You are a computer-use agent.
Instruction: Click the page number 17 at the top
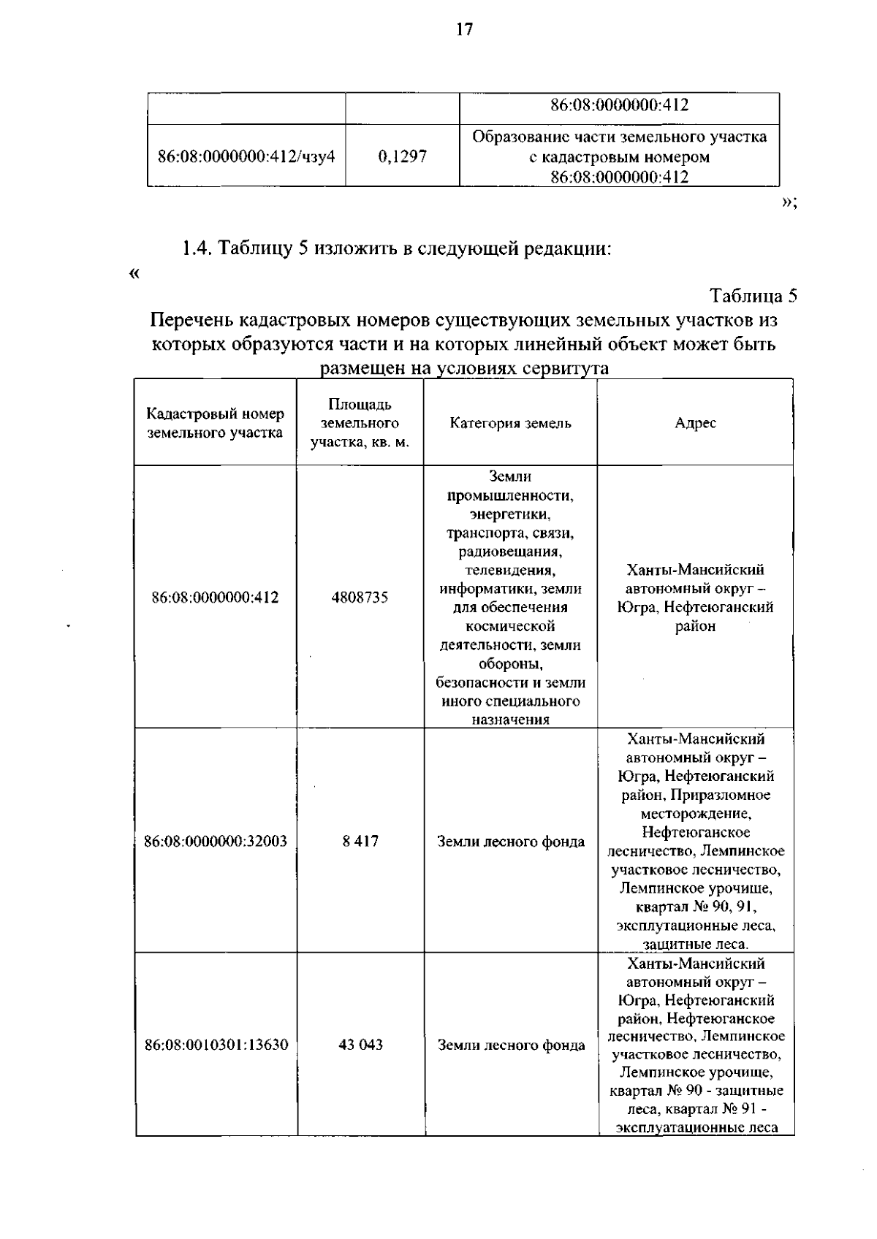pyautogui.click(x=465, y=29)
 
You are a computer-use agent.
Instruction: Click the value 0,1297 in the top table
pyautogui.click(x=403, y=156)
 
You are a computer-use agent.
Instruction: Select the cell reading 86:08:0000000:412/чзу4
pyautogui.click(x=246, y=156)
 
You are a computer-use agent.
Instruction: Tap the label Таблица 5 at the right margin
pyautogui.click(x=753, y=296)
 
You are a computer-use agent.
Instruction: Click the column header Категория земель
pyautogui.click(x=510, y=423)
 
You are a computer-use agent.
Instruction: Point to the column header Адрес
pyautogui.click(x=695, y=423)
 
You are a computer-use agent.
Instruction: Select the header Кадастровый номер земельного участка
pyautogui.click(x=215, y=423)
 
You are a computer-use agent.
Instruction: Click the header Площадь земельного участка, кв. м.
pyautogui.click(x=360, y=423)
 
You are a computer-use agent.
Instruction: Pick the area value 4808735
pyautogui.click(x=360, y=598)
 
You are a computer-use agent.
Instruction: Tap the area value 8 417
pyautogui.click(x=360, y=841)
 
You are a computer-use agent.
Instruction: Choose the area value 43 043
pyautogui.click(x=360, y=1045)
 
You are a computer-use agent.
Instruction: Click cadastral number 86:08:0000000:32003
pyautogui.click(x=216, y=841)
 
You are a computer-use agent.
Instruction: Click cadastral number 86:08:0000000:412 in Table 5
pyautogui.click(x=215, y=598)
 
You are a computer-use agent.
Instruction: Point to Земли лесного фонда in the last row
pyautogui.click(x=511, y=1045)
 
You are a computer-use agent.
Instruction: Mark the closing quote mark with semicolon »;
pyautogui.click(x=789, y=203)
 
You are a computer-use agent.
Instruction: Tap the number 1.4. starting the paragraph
pyautogui.click(x=197, y=249)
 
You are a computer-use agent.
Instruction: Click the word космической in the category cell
pyautogui.click(x=510, y=626)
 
